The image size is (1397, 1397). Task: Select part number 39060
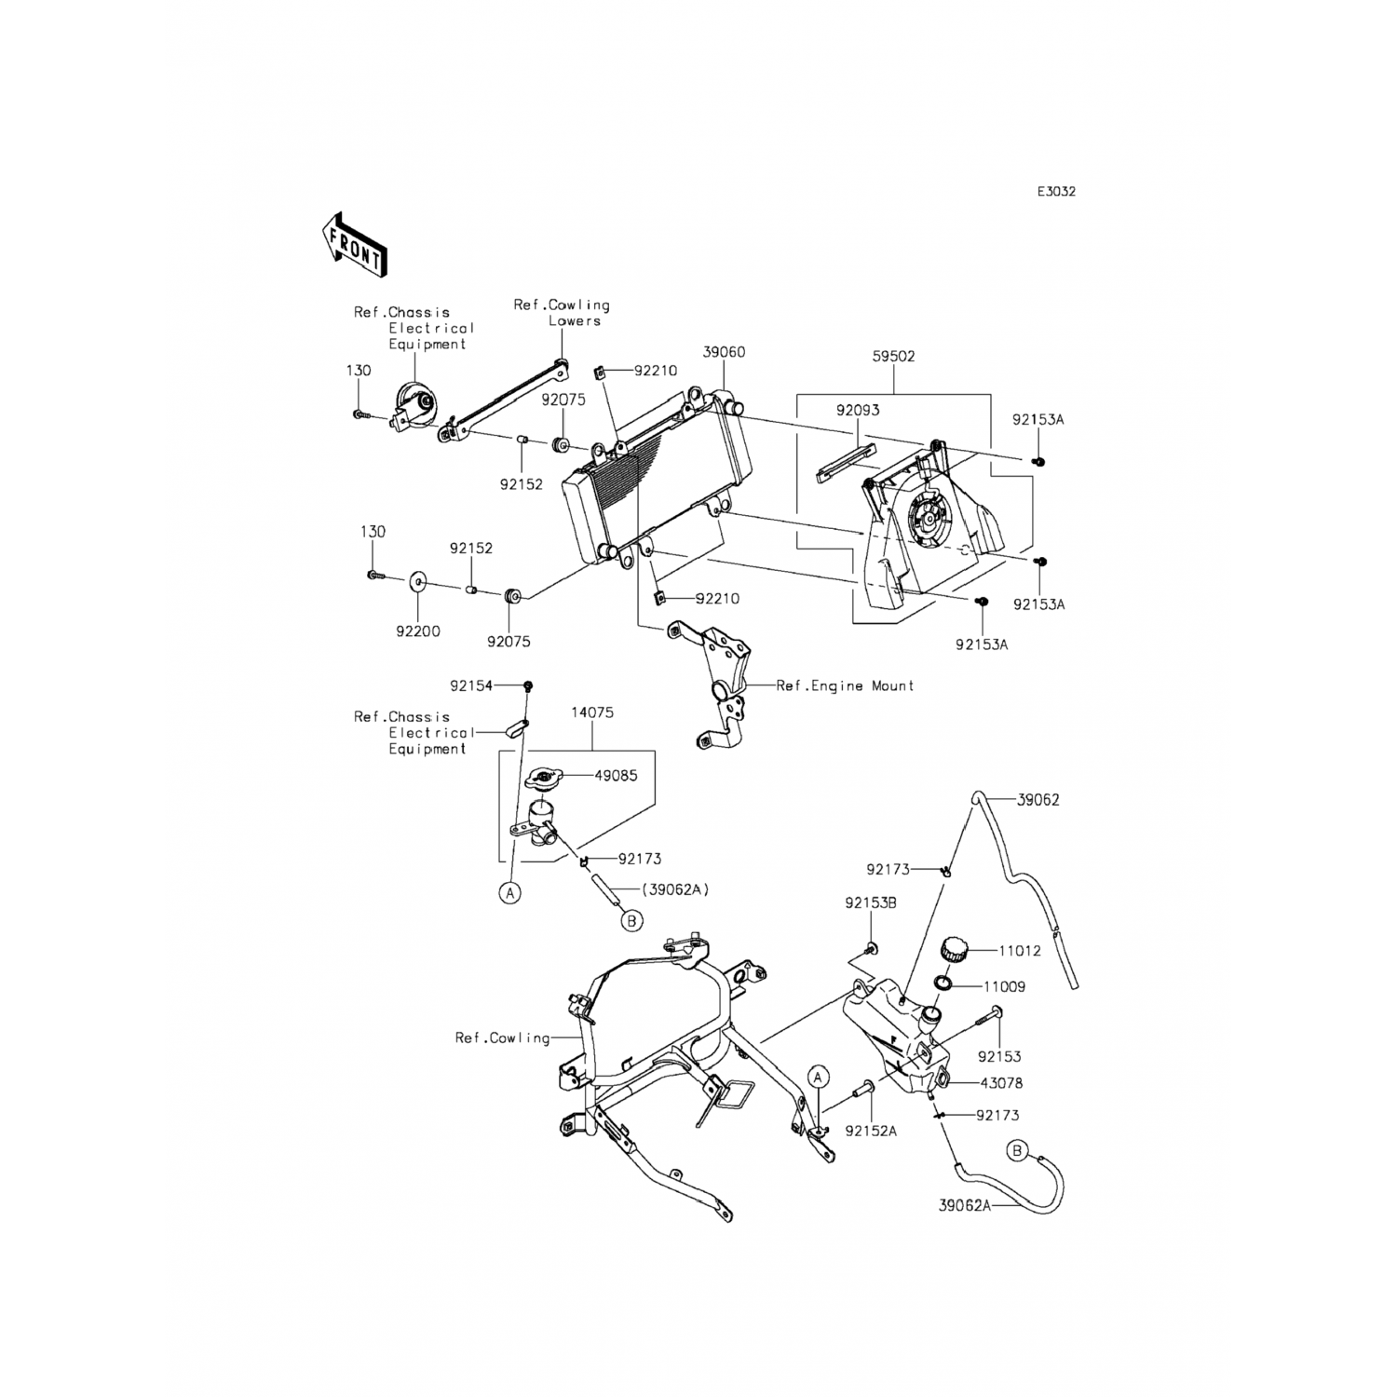pos(724,352)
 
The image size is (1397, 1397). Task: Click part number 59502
pos(893,356)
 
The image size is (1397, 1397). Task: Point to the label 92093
pos(857,410)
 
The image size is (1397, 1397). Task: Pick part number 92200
pos(417,631)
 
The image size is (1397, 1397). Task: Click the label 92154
pos(471,685)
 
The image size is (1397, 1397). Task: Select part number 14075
pos(592,712)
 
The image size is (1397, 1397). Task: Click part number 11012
pos(1020,951)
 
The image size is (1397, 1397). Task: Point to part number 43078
pos(1001,1083)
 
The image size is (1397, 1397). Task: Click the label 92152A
pos(871,1131)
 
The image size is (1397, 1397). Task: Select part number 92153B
pos(871,902)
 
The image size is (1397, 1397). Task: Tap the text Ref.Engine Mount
pos(845,685)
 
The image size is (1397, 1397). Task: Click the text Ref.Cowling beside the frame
pos(502,1038)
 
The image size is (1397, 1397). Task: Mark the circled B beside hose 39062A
pos(1018,1152)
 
